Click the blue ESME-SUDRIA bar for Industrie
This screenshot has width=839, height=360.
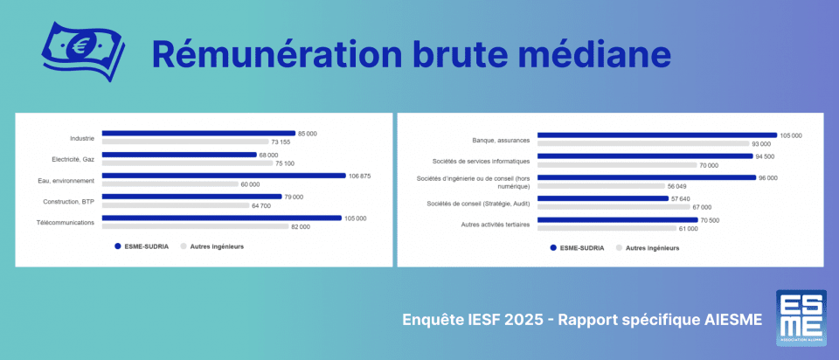click(198, 134)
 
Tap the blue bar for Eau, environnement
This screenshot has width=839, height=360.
click(224, 176)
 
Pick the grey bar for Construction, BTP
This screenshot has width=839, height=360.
click(175, 205)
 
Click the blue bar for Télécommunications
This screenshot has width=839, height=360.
click(221, 218)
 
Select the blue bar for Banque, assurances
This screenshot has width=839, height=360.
click(656, 135)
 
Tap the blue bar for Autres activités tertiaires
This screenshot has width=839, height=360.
click(617, 220)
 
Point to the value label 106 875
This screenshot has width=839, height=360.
click(360, 176)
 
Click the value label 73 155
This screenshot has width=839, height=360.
click(281, 142)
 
